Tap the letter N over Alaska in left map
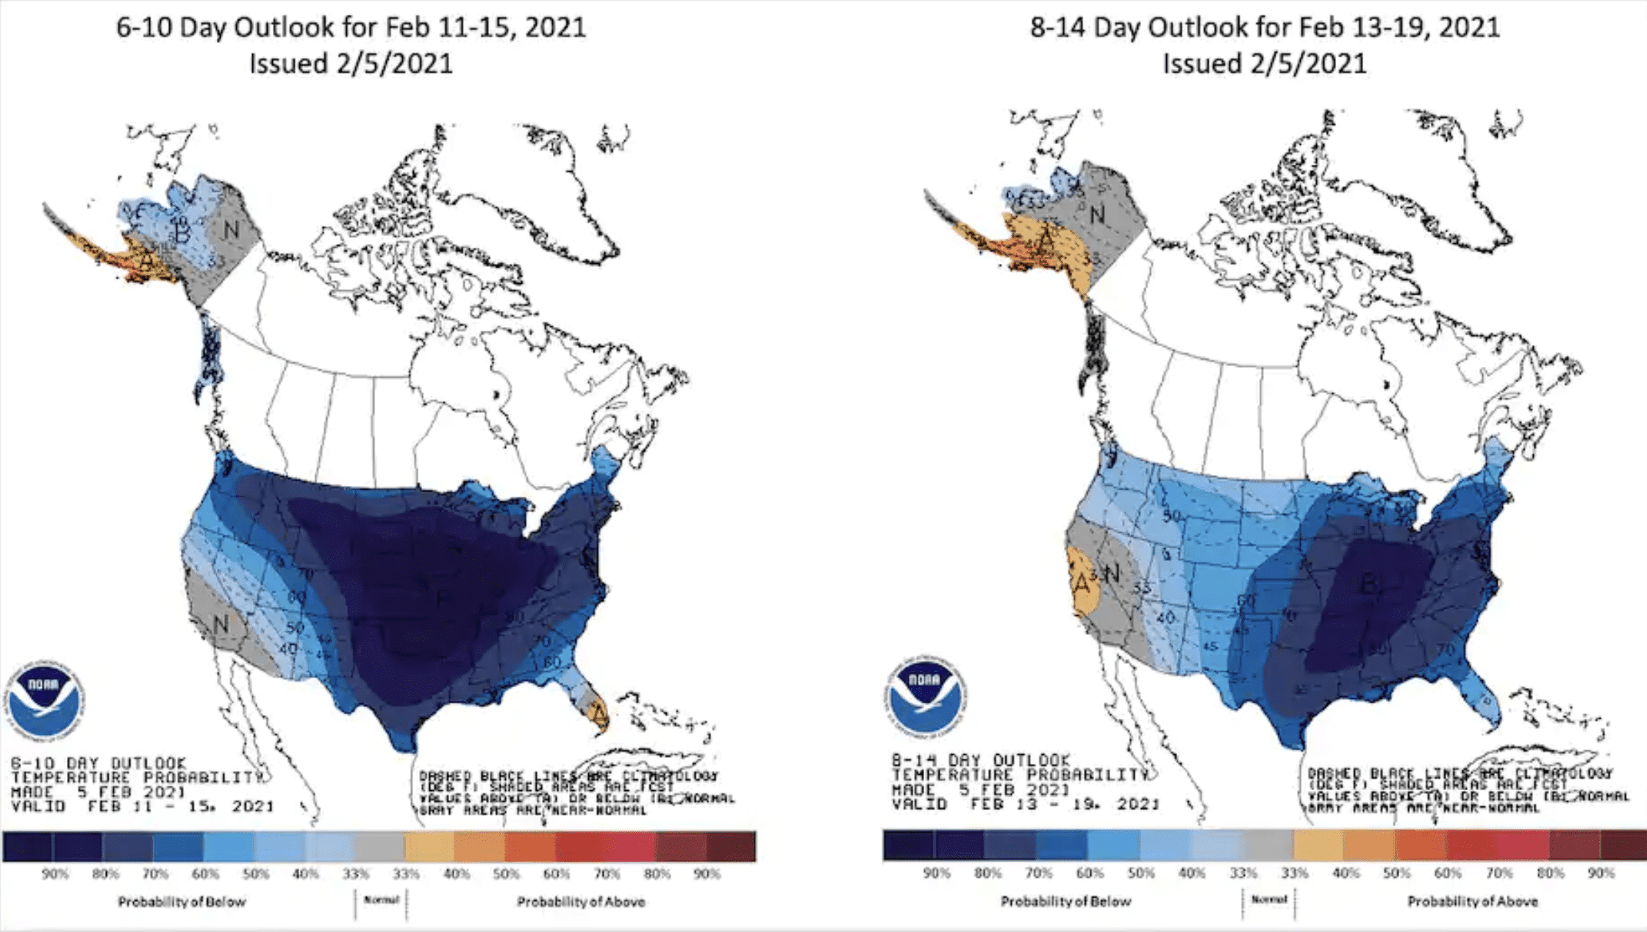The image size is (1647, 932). pyautogui.click(x=231, y=230)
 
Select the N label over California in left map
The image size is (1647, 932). pyautogui.click(x=221, y=625)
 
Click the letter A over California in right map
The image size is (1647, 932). pyautogui.click(x=1082, y=583)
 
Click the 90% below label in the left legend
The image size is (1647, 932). pyautogui.click(x=55, y=874)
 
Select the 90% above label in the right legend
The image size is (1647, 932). pyautogui.click(x=1601, y=873)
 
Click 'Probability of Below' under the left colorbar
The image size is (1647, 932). pyautogui.click(x=182, y=902)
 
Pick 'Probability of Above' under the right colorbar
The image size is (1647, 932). pyautogui.click(x=1472, y=901)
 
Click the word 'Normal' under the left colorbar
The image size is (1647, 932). pyautogui.click(x=382, y=900)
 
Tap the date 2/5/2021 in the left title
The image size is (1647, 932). pyautogui.click(x=394, y=63)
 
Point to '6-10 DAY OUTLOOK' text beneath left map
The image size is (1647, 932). pyautogui.click(x=99, y=764)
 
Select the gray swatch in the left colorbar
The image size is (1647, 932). pyautogui.click(x=378, y=846)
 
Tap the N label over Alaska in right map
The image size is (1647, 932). pyautogui.click(x=1097, y=215)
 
